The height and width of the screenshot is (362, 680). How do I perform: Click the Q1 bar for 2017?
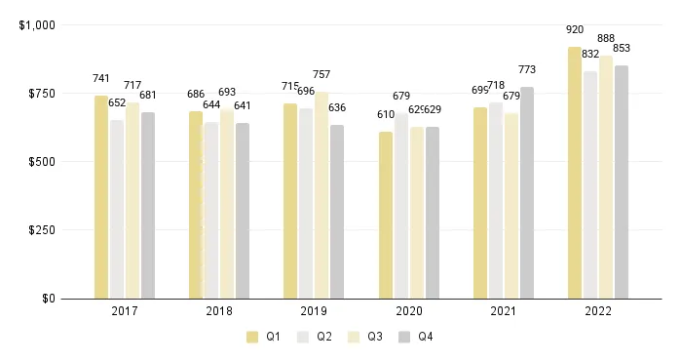pyautogui.click(x=101, y=197)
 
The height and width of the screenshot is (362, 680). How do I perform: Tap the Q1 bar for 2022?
pyautogui.click(x=575, y=173)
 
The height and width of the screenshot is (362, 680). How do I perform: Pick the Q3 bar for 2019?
pyautogui.click(x=321, y=195)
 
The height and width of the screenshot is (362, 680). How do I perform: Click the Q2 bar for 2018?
pyautogui.click(x=211, y=210)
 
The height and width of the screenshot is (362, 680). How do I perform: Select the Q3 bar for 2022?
pyautogui.click(x=606, y=177)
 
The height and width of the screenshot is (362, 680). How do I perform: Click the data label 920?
pyautogui.click(x=575, y=30)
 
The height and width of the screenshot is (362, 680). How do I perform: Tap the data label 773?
pyautogui.click(x=527, y=69)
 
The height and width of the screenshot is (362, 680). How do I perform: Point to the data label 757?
pyautogui.click(x=321, y=74)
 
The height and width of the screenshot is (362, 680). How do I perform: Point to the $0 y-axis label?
pyautogui.click(x=49, y=299)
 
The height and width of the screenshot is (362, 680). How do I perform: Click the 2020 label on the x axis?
pyautogui.click(x=409, y=312)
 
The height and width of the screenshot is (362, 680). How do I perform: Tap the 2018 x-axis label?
pyautogui.click(x=219, y=312)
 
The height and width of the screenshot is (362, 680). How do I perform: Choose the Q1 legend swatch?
pyautogui.click(x=252, y=338)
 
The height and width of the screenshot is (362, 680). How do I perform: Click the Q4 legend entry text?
pyautogui.click(x=426, y=338)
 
